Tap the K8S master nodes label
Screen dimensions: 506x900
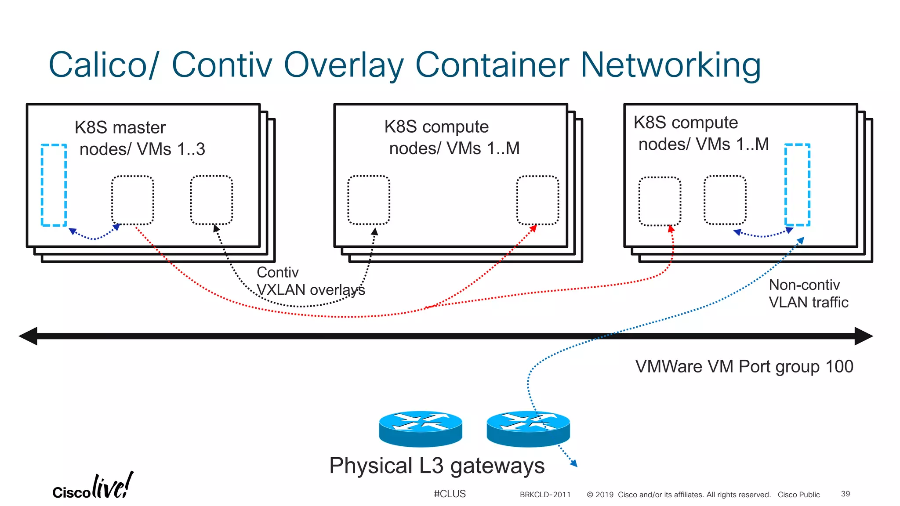[x=140, y=138]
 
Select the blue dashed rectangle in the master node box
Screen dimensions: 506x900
[x=54, y=185]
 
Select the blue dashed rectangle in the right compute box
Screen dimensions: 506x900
[x=797, y=184]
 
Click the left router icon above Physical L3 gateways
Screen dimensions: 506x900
[x=421, y=428]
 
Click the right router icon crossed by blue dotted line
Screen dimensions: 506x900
[x=528, y=428]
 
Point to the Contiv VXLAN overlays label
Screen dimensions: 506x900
[x=310, y=281]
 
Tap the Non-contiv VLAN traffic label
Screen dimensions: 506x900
[x=808, y=293]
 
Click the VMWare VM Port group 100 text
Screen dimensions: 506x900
[x=744, y=366]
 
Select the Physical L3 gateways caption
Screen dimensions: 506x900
[x=437, y=466]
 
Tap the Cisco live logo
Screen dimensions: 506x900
[x=93, y=487]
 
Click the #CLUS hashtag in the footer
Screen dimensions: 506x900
[x=450, y=494]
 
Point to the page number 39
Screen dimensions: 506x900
[x=845, y=494]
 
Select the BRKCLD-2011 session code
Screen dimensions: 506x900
[x=545, y=495]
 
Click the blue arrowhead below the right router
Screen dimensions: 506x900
[x=573, y=463]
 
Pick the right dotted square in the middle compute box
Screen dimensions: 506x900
[x=537, y=200]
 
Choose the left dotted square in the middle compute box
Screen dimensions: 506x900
[x=369, y=200]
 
